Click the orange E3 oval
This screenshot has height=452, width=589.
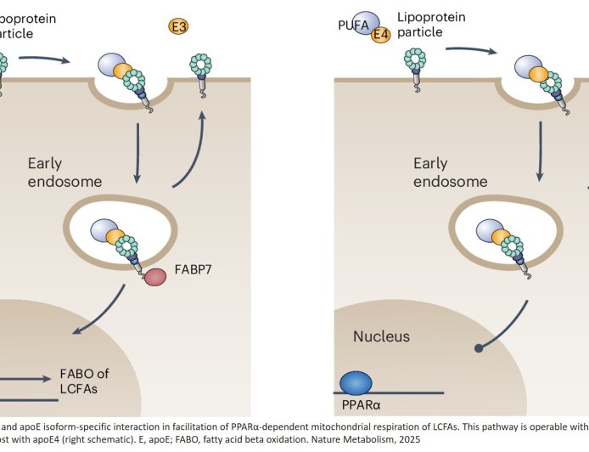(178, 26)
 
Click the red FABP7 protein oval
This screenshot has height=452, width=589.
(155, 277)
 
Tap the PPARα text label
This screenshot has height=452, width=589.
(360, 405)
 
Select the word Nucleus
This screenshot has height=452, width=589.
(381, 337)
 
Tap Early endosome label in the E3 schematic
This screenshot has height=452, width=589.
(65, 172)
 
